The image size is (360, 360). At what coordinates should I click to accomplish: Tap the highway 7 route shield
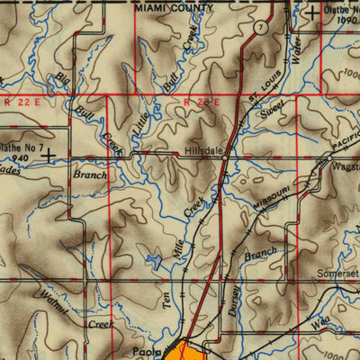coord(258,28)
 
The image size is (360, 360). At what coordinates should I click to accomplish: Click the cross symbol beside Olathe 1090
coord(311,13)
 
